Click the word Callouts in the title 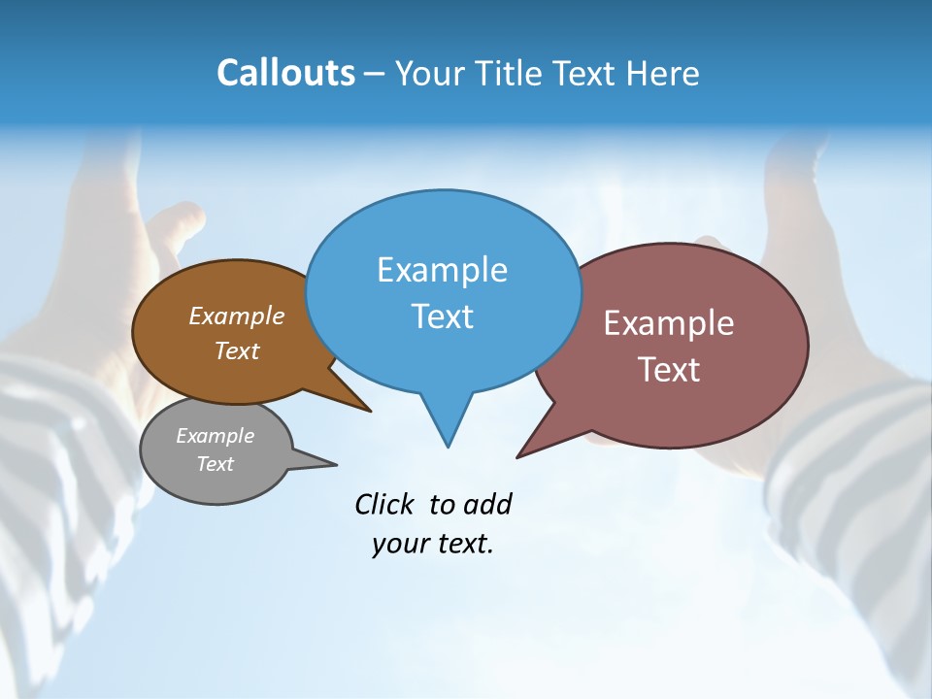285,73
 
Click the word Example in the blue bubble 442,270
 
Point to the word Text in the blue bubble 442,316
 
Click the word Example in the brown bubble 237,316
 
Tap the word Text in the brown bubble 237,350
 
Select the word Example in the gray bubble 215,436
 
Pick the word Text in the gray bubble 215,464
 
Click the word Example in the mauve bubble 669,323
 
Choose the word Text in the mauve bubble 669,370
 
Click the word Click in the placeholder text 386,504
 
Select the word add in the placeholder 487,504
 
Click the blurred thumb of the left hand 180,228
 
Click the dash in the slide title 375,74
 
